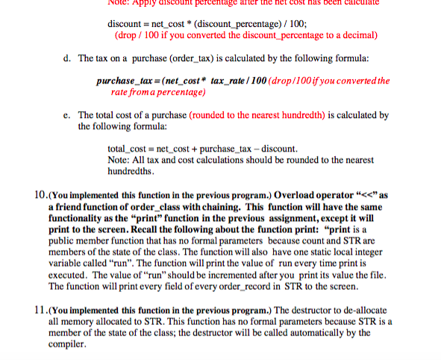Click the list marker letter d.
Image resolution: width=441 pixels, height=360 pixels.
click(67, 58)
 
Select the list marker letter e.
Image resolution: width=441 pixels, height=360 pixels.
click(67, 115)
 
